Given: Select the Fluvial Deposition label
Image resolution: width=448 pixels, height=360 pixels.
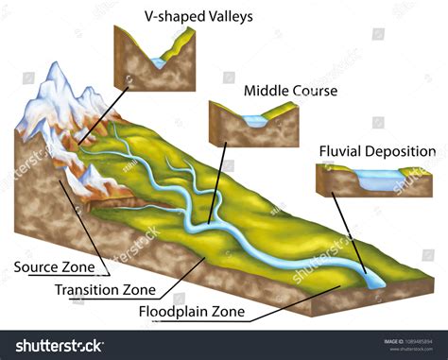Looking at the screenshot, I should point(376,151).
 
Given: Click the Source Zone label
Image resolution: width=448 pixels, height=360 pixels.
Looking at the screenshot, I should point(55,266).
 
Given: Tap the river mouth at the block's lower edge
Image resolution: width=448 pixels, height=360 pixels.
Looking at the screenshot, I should point(370,280).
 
